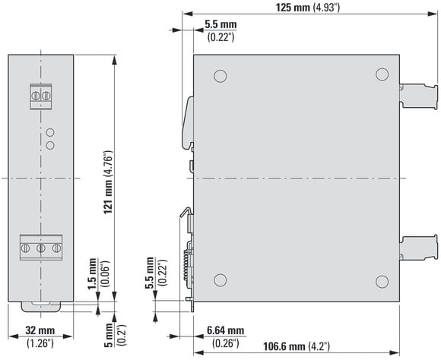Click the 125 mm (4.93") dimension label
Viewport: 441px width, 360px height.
(308, 8)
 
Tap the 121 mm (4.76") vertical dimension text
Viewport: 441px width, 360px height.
(108, 182)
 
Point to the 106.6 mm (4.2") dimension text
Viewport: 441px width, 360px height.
(297, 346)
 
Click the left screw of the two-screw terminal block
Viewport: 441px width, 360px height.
(36, 96)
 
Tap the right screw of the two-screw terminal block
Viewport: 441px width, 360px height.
(46, 96)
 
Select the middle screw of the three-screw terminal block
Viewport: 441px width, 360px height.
(41, 248)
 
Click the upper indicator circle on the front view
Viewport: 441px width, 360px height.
(50, 132)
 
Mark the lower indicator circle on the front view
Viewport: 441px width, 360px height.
(50, 145)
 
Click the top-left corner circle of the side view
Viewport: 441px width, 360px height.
(220, 76)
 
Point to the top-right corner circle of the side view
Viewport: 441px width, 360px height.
(382, 74)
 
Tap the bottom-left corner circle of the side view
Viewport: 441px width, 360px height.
(220, 280)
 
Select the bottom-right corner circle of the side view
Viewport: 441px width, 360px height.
(382, 281)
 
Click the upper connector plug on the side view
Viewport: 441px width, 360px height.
(419, 96)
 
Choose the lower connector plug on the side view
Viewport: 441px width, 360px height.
(419, 248)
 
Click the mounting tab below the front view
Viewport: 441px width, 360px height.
(41, 307)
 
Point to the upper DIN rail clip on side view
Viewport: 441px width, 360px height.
(189, 122)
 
